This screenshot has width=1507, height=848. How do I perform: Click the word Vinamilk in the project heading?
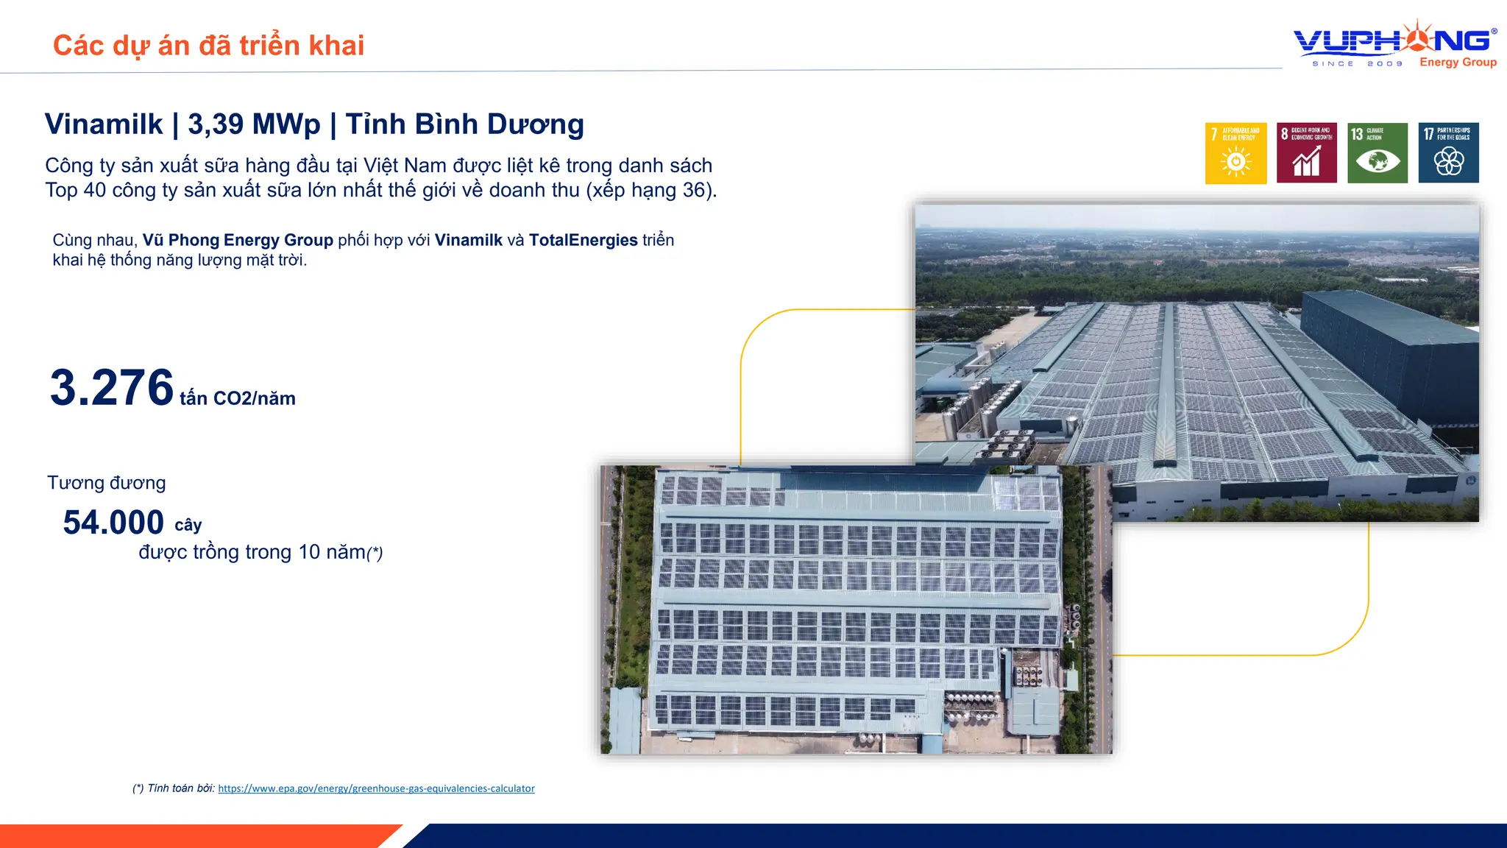pos(104,124)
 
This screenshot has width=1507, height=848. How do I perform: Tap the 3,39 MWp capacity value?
pos(254,124)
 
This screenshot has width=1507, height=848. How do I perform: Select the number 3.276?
pos(112,388)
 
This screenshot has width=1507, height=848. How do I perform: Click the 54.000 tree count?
pos(113,523)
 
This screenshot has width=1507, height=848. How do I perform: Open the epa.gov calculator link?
pos(376,788)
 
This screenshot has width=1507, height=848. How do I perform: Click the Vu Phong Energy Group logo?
pos(1394,44)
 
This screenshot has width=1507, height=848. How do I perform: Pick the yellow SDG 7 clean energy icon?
pos(1235,153)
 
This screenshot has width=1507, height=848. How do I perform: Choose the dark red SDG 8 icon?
pos(1306,153)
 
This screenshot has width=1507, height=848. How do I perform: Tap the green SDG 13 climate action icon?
pos(1377,153)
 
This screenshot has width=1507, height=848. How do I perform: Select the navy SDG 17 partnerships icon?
pos(1448,153)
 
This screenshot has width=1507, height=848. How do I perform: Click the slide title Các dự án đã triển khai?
pos(208,46)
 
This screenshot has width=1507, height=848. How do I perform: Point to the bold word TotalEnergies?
pos(583,240)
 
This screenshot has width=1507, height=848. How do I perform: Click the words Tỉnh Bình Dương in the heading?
pos(464,124)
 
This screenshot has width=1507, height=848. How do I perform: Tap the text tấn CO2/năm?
pos(237,399)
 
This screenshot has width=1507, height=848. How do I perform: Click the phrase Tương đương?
pos(107,483)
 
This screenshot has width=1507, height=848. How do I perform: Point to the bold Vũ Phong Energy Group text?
pos(238,240)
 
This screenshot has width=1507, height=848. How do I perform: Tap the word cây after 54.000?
pos(188,526)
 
